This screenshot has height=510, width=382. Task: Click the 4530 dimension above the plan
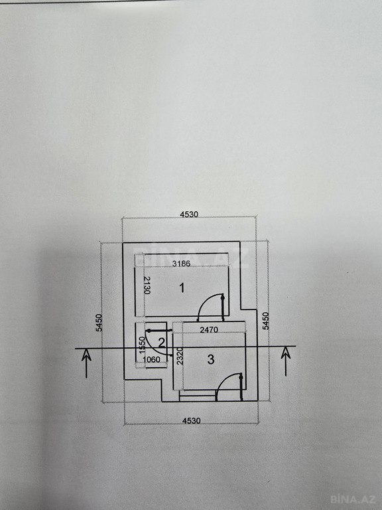coord(189,214)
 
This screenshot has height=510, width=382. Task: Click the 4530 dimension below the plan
coord(191,420)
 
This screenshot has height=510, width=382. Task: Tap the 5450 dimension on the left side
coord(99,323)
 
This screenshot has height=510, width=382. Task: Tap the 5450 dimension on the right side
coord(266,321)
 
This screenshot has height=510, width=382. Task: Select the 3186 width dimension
coord(181,264)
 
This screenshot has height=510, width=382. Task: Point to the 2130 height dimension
coord(147,286)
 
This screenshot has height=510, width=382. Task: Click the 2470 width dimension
coord(209,330)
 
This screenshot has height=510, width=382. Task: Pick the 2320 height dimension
coord(180,356)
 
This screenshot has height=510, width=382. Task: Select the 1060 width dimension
coord(151,359)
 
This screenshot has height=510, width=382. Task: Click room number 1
coord(182,288)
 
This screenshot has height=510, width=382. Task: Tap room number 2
coord(161,342)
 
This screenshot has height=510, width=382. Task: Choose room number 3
coord(211,359)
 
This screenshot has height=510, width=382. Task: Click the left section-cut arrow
coord(86,363)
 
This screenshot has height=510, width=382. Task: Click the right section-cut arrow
coord(286,361)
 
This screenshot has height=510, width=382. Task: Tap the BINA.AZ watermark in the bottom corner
coord(353,499)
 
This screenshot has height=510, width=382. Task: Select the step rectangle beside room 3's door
coord(198,396)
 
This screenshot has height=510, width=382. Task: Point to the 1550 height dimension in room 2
coord(142,345)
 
